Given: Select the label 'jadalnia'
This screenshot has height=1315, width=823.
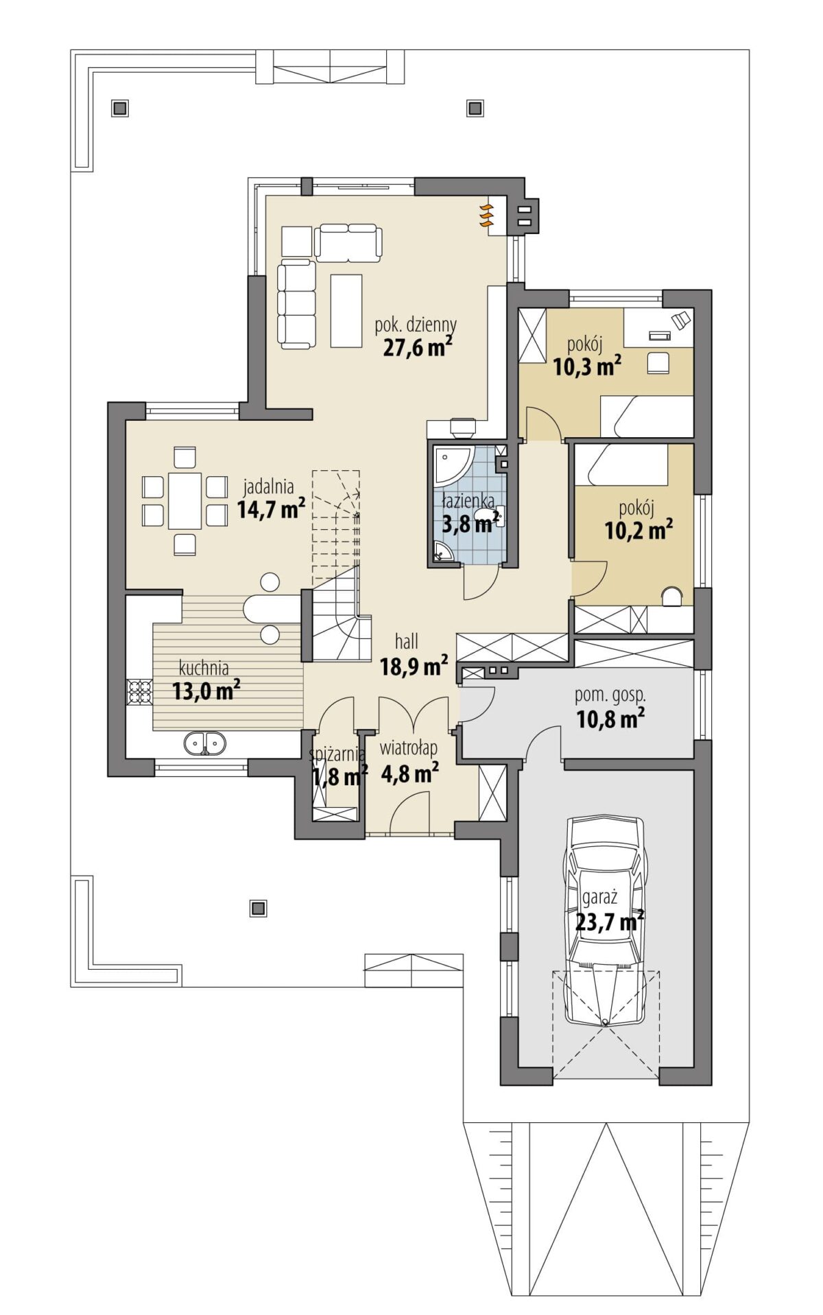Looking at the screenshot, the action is (269, 487).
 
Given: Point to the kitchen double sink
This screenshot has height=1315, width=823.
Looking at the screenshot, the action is (204, 743).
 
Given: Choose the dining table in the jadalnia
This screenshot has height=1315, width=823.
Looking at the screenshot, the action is (185, 500).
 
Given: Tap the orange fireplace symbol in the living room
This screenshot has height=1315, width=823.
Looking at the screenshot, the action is (486, 215).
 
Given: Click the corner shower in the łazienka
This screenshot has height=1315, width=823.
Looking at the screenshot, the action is (451, 464).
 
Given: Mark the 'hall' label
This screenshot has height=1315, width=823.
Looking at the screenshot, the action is (407, 642).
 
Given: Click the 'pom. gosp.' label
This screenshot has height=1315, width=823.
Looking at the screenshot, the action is (610, 695).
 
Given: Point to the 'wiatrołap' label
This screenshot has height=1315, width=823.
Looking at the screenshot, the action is (409, 747).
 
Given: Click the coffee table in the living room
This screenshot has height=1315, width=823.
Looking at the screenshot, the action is (346, 310).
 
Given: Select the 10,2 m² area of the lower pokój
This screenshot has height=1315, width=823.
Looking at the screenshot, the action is (639, 529).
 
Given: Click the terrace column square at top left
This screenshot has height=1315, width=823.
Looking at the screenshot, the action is (120, 108).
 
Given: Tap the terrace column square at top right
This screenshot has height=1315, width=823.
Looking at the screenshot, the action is (475, 108).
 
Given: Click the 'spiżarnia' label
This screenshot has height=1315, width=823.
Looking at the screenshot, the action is (337, 755).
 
